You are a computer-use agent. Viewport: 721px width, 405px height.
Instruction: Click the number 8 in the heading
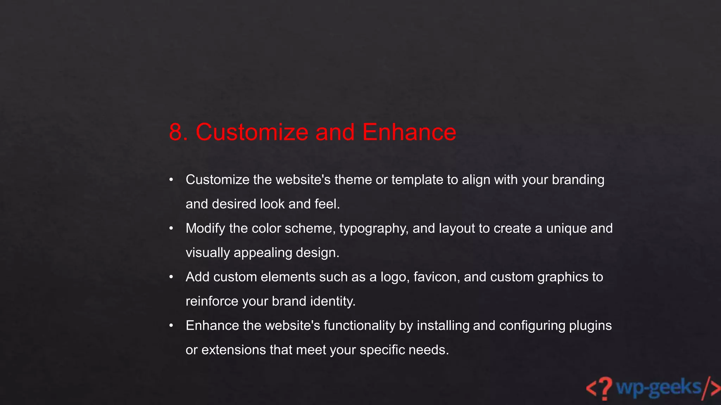coord(175,132)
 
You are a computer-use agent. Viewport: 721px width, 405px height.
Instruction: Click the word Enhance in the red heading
coord(409,132)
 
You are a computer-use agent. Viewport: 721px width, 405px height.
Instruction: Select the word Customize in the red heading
coord(252,132)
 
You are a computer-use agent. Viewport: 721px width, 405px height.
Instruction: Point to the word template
coord(417,180)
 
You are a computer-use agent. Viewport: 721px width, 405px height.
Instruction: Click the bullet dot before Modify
coord(171,229)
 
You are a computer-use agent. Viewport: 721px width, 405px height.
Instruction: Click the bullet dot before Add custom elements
coord(171,277)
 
